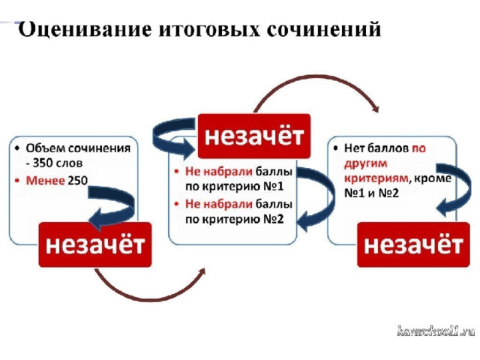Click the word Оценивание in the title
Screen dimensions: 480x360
85,29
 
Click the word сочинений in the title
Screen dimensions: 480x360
324,29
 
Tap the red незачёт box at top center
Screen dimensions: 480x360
254,136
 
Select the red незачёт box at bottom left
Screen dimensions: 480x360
95,244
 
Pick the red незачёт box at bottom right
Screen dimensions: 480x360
413,244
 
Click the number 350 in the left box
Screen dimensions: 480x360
42,163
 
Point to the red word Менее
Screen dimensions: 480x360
45,181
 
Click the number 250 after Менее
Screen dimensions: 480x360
78,181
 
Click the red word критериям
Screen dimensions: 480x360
376,178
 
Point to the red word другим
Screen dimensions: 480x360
365,163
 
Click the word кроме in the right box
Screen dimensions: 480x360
432,178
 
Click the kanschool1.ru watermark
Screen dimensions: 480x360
436,331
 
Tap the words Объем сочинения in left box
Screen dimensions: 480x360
78,148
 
